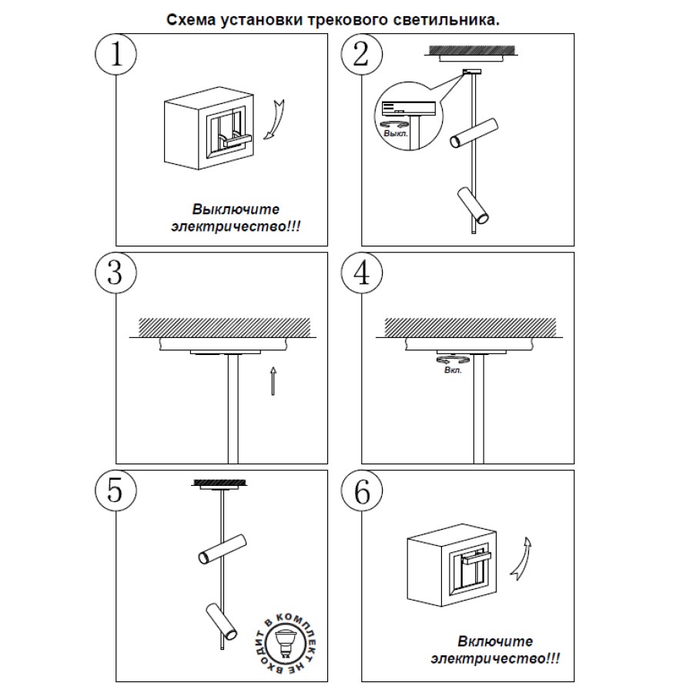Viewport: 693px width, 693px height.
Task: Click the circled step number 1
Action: coord(115,54)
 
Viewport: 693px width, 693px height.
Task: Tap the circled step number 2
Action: coord(361,54)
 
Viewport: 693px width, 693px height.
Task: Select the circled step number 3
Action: coord(115,273)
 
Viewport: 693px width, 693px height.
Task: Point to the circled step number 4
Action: coord(361,273)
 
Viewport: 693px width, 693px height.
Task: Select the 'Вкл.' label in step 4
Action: coord(453,370)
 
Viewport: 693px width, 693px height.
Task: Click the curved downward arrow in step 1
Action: coord(273,121)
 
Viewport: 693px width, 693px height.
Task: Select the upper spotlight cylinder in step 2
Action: coord(472,133)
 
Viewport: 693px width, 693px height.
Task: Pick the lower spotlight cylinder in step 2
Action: coord(473,205)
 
